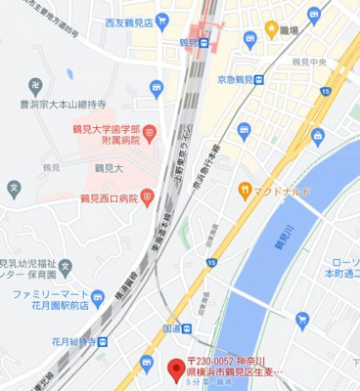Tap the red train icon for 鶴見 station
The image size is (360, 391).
pyautogui.click(x=201, y=43)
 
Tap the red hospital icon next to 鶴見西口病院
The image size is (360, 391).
pyautogui.click(x=148, y=198)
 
